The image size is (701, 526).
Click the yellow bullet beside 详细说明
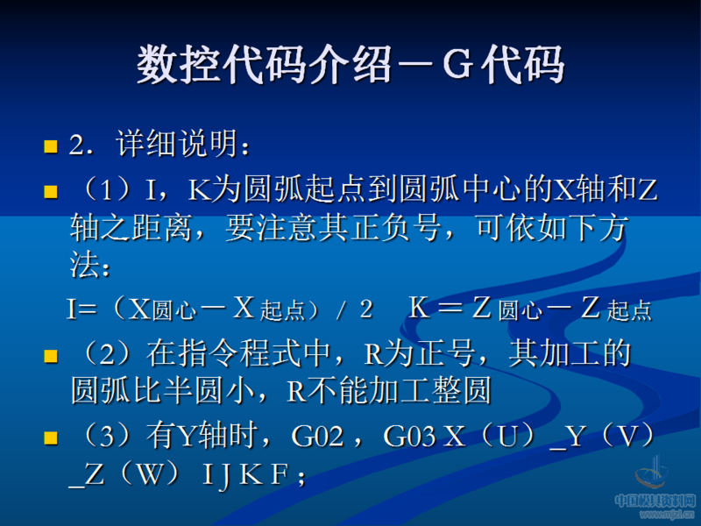tap(51, 146)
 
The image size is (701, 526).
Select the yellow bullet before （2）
tap(51, 355)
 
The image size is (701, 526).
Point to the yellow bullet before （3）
tap(51, 437)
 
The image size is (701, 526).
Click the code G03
tap(409, 437)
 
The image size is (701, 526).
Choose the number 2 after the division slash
tap(365, 309)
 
